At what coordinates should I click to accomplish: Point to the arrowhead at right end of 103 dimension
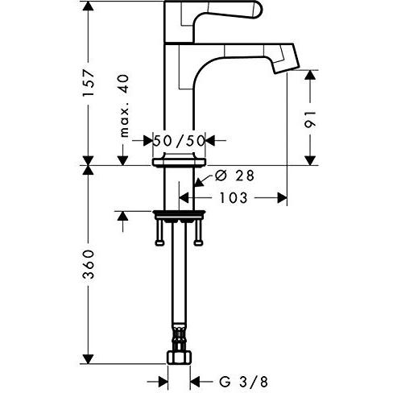pos(283,196)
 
